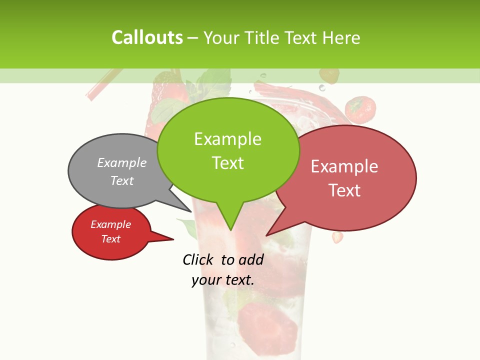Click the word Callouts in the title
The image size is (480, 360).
point(147,37)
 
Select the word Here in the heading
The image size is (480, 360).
point(340,37)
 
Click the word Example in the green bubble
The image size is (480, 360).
point(227,139)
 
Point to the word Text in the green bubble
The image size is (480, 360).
point(227,163)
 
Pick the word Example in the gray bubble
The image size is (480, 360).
point(122,162)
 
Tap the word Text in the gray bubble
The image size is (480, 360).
point(122,180)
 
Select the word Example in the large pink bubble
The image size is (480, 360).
point(344,166)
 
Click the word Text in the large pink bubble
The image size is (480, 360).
point(344,190)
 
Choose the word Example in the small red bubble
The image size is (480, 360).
point(110,224)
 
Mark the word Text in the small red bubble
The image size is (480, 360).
point(110,239)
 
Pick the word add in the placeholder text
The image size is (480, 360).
point(250,259)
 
